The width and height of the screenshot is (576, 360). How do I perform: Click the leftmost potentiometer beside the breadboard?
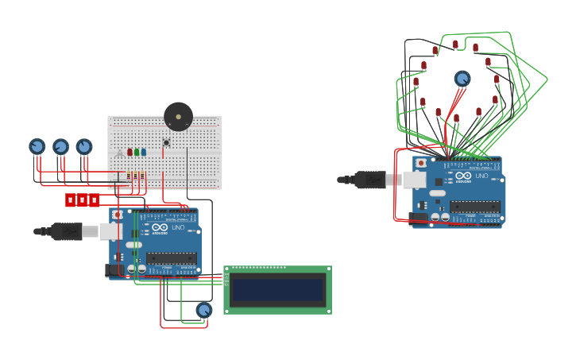point(37,146)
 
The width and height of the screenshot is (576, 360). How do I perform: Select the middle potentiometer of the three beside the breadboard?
point(60,146)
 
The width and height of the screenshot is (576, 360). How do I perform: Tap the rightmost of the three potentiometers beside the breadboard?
point(83,146)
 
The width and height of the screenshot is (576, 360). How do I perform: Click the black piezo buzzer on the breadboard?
point(178,116)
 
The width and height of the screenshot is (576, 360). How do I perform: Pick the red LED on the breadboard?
point(130,152)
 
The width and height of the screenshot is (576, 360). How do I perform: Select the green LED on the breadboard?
point(137,152)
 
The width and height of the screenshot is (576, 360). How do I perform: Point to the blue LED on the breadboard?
point(144,152)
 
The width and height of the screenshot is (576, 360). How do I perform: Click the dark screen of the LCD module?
point(277,289)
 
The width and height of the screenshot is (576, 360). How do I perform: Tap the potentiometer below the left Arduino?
point(204,310)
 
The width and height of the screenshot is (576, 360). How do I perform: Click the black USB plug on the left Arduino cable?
point(66,231)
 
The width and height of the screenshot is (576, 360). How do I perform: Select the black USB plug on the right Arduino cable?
point(369,180)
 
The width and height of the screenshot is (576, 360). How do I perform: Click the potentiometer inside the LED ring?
point(462,79)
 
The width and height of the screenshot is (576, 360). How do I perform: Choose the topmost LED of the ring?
point(455,45)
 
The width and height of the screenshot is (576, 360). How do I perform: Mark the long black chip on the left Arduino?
point(171,258)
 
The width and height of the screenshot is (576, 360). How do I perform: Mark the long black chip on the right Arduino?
point(475,207)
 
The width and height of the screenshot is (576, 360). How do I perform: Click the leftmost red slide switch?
point(70,200)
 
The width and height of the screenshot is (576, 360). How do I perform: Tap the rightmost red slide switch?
point(94,200)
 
